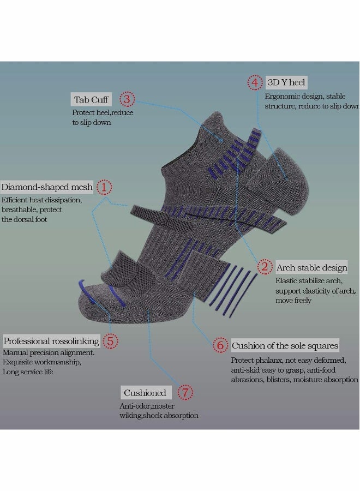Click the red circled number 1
pyautogui.click(x=104, y=187)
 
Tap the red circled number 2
pyautogui.click(x=265, y=267)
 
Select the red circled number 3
pyautogui.click(x=127, y=99)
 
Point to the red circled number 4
pyautogui.click(x=255, y=83)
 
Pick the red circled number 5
pyautogui.click(x=110, y=341)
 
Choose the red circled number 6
pyautogui.click(x=220, y=345)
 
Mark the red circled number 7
pyautogui.click(x=185, y=392)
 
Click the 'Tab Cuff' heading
pyautogui.click(x=91, y=100)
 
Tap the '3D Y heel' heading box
pyautogui.click(x=286, y=82)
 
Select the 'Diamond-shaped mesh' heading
pyautogui.click(x=47, y=187)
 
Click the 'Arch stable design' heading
pyautogui.click(x=312, y=268)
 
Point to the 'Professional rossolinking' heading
pyautogui.click(x=51, y=341)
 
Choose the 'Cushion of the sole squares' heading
pyautogui.click(x=285, y=345)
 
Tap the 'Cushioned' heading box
pyautogui.click(x=146, y=393)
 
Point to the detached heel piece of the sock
pyautogui.click(x=277, y=181)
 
